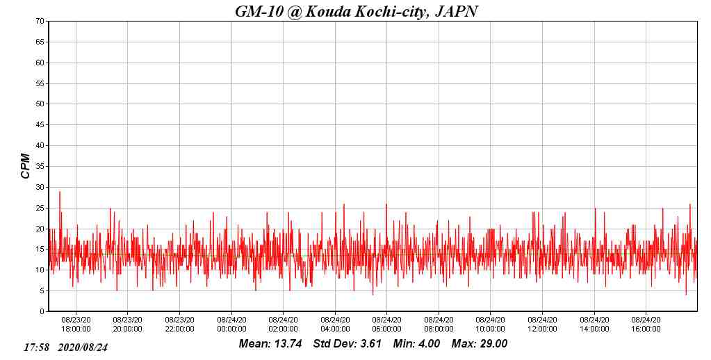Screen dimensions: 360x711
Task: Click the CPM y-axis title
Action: tap(26, 166)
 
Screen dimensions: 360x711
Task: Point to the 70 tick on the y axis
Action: tap(40, 21)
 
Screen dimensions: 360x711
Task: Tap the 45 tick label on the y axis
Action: tap(40, 125)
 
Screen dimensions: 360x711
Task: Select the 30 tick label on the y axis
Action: tap(40, 187)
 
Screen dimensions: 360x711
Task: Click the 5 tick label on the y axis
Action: tap(42, 291)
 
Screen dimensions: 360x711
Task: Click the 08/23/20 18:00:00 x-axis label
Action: tap(76, 324)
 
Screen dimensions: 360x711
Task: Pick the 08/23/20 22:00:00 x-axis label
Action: tap(179, 324)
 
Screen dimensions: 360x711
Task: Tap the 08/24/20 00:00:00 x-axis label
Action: tap(231, 324)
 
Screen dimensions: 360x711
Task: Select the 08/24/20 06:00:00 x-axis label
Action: tap(386, 324)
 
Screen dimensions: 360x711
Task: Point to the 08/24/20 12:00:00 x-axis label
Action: tap(542, 324)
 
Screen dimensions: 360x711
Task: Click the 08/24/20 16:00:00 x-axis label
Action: tap(646, 324)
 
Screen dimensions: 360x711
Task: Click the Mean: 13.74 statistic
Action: tap(270, 343)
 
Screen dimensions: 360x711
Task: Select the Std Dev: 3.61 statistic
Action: tap(347, 343)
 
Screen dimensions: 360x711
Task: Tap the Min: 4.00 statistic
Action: tap(416, 343)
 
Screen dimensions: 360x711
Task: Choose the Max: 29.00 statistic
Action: tap(480, 343)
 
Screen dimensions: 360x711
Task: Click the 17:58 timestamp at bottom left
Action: tap(36, 347)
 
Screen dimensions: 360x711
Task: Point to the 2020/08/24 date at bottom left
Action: tap(83, 347)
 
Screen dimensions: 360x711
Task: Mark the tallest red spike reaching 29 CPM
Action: tap(60, 193)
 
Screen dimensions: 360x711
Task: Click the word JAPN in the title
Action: tap(455, 11)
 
